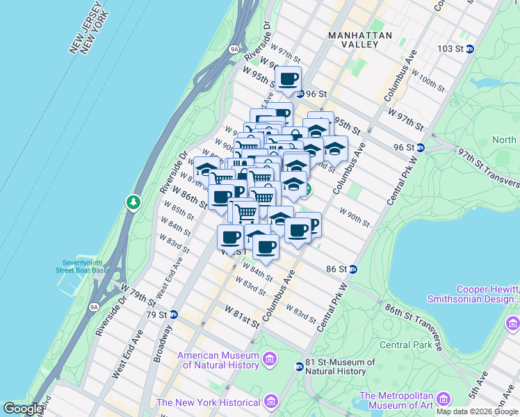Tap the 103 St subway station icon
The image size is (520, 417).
(x=470, y=49)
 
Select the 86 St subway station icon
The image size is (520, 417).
(x=353, y=269)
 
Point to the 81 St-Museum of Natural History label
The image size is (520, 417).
(x=336, y=366)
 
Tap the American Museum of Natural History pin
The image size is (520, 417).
(x=269, y=360)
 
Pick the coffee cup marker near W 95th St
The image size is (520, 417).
(x=289, y=79)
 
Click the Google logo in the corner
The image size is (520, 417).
(x=23, y=409)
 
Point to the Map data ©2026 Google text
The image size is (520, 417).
(x=476, y=411)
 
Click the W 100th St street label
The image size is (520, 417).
(x=428, y=81)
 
